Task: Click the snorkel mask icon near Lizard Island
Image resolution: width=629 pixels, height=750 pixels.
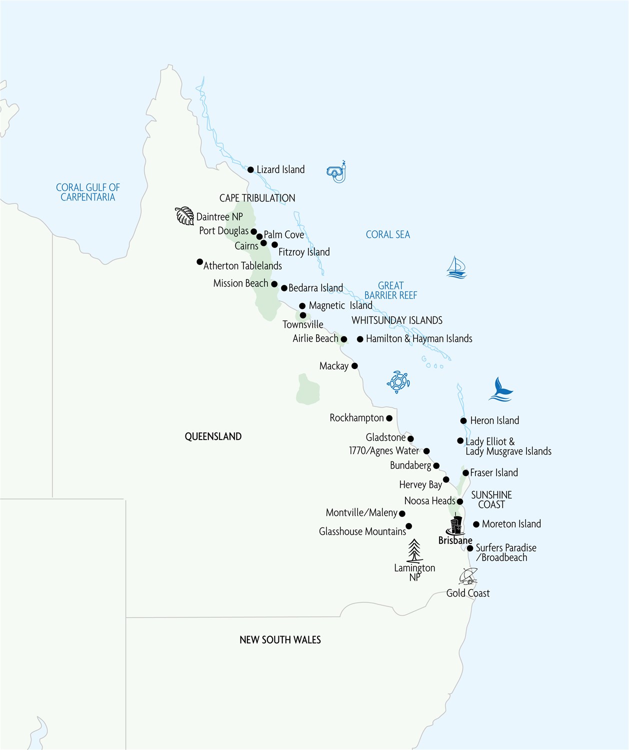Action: (337, 172)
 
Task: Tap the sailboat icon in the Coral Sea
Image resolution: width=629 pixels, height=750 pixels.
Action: (456, 267)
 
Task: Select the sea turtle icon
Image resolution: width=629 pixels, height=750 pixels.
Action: (398, 382)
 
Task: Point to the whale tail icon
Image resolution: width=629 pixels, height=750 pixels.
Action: (501, 390)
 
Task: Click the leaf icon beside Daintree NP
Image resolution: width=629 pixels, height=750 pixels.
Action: (184, 215)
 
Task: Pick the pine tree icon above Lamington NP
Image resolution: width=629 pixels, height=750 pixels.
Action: (414, 551)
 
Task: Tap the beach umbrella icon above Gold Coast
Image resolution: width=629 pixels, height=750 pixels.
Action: (468, 576)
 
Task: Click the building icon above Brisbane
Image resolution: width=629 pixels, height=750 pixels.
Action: (455, 524)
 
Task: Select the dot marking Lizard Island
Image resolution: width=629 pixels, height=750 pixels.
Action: (250, 170)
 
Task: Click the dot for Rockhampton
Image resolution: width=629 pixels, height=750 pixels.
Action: (389, 418)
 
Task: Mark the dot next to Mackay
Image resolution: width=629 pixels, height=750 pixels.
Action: (354, 366)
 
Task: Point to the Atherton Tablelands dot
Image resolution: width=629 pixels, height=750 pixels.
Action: (199, 262)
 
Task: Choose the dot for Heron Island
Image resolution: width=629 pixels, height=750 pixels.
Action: (463, 421)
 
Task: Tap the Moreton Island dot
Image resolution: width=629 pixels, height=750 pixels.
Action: (476, 524)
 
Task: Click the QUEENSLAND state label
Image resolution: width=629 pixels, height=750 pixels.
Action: (213, 436)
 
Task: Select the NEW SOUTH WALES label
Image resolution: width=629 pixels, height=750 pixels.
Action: (280, 639)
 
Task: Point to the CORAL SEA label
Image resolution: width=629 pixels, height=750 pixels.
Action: (387, 234)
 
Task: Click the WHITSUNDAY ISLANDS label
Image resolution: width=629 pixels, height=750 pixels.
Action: (397, 320)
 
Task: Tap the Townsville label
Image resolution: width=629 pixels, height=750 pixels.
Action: (303, 324)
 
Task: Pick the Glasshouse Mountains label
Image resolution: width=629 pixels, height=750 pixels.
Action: (362, 531)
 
